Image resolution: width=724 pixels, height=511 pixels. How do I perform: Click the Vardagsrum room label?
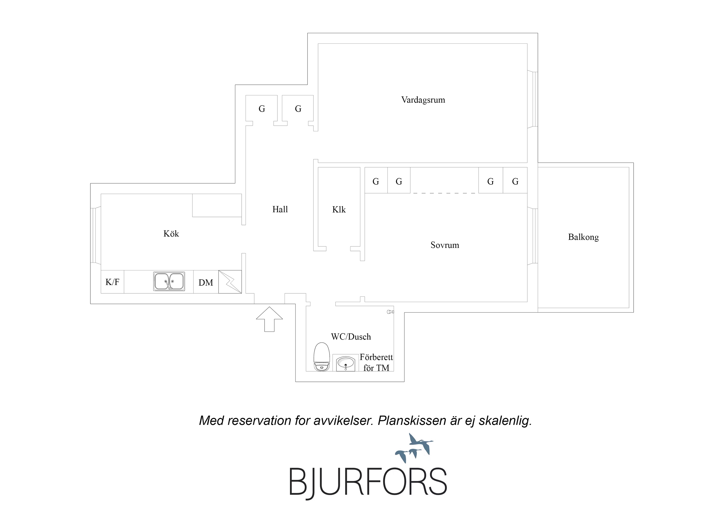tap(423, 100)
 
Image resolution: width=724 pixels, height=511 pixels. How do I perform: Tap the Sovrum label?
tap(445, 245)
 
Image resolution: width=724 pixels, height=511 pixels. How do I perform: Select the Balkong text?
tap(583, 237)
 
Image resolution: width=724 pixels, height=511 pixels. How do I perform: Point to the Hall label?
tap(280, 209)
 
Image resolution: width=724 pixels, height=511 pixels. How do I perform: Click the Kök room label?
tap(171, 233)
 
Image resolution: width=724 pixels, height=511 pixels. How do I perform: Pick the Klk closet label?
tap(339, 209)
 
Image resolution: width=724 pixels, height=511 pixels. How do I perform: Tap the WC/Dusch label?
tap(351, 337)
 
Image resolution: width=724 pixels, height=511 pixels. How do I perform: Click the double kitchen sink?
tap(169, 281)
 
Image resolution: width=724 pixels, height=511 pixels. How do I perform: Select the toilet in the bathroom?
tap(322, 357)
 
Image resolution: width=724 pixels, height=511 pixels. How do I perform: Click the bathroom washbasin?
tap(346, 363)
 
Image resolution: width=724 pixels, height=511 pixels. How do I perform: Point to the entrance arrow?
tap(269, 319)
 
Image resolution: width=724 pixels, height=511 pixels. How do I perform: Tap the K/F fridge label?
tap(112, 282)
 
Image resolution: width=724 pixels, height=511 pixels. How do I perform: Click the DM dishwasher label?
tap(206, 283)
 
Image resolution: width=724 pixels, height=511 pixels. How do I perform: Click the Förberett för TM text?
tap(376, 362)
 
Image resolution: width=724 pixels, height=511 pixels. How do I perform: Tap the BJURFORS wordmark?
tap(368, 482)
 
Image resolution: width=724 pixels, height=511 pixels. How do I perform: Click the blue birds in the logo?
tap(414, 448)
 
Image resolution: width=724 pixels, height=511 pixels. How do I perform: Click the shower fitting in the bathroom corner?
tap(390, 312)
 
